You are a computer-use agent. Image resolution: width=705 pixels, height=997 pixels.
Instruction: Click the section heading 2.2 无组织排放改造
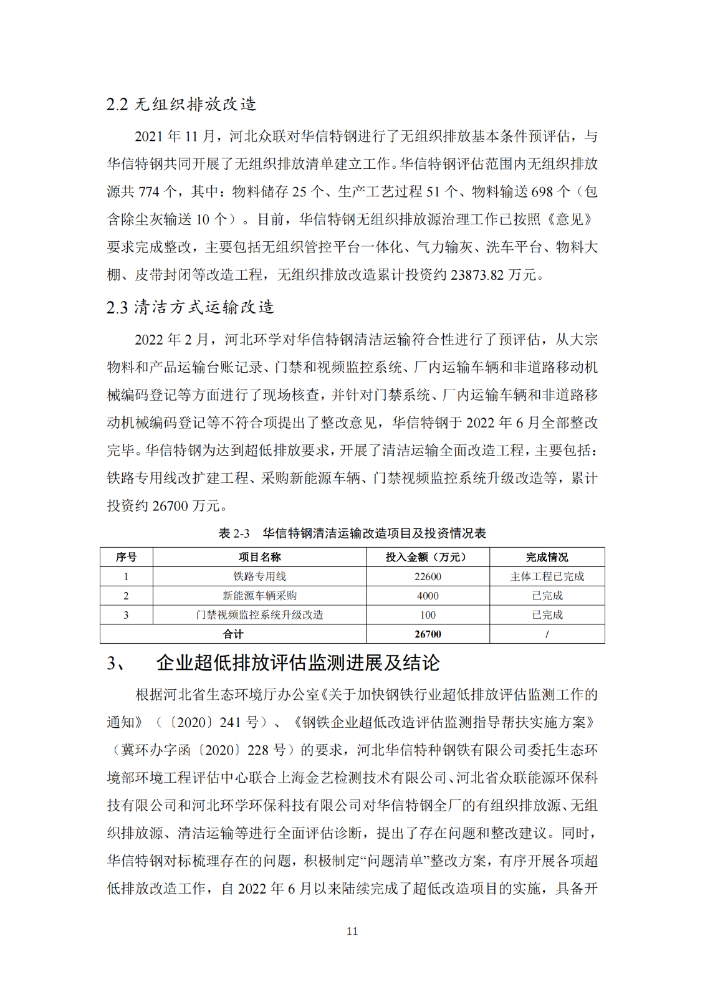[x=181, y=104]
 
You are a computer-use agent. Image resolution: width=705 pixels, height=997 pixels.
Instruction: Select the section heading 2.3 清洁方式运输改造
[x=190, y=307]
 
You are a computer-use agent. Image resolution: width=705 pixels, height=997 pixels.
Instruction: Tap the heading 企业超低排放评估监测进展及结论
[x=298, y=662]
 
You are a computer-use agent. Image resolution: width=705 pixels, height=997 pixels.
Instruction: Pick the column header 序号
[x=126, y=557]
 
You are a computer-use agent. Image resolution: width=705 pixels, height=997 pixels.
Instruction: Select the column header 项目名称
[x=259, y=557]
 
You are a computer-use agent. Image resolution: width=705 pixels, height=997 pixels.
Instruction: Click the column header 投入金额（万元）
[x=428, y=557]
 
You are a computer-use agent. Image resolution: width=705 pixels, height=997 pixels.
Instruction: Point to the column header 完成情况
[x=547, y=557]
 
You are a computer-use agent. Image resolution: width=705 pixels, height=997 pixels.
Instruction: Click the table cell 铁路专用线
[x=259, y=576]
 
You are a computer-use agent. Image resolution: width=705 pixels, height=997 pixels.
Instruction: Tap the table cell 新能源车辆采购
[x=259, y=596]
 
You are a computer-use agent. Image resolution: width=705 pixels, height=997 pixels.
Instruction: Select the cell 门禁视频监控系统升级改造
[x=259, y=615]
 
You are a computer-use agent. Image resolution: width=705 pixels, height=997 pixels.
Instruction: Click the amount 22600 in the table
[x=428, y=576]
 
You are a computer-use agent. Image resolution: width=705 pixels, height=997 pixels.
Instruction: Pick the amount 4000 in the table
[x=428, y=596]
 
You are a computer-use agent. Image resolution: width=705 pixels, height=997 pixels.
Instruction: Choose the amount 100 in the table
[x=428, y=615]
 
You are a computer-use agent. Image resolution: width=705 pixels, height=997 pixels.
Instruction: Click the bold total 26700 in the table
[x=428, y=634]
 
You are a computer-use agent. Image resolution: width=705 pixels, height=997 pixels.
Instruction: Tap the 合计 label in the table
[x=233, y=634]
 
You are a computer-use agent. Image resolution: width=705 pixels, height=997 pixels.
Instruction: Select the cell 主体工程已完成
[x=547, y=576]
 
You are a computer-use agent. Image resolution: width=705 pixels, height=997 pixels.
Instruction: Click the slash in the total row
[x=547, y=634]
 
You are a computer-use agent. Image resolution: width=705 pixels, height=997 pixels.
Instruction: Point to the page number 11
[x=352, y=931]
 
